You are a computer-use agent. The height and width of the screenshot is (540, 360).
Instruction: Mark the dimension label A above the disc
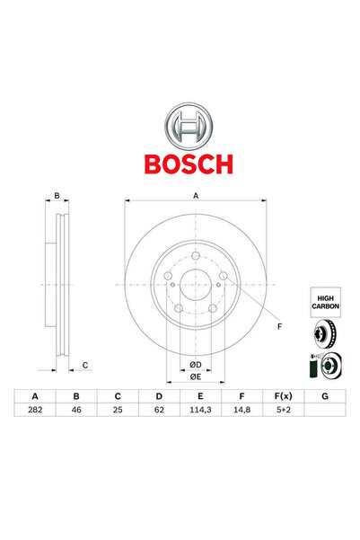(196, 195)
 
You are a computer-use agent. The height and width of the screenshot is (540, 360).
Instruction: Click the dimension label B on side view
(57, 195)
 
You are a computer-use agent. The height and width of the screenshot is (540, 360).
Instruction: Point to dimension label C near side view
(84, 364)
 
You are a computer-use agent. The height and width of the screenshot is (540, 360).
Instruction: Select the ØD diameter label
(196, 364)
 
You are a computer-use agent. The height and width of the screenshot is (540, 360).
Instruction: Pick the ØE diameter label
(196, 377)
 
